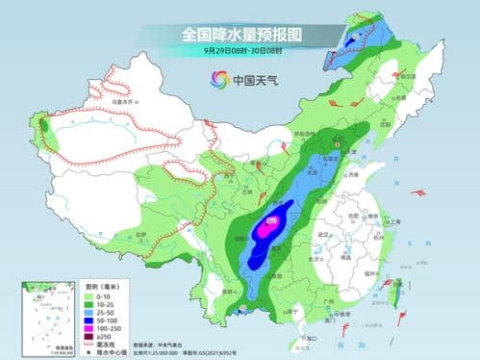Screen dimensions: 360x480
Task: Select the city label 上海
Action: [x=393, y=220]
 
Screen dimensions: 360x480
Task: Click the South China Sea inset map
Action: [x=44, y=318]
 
